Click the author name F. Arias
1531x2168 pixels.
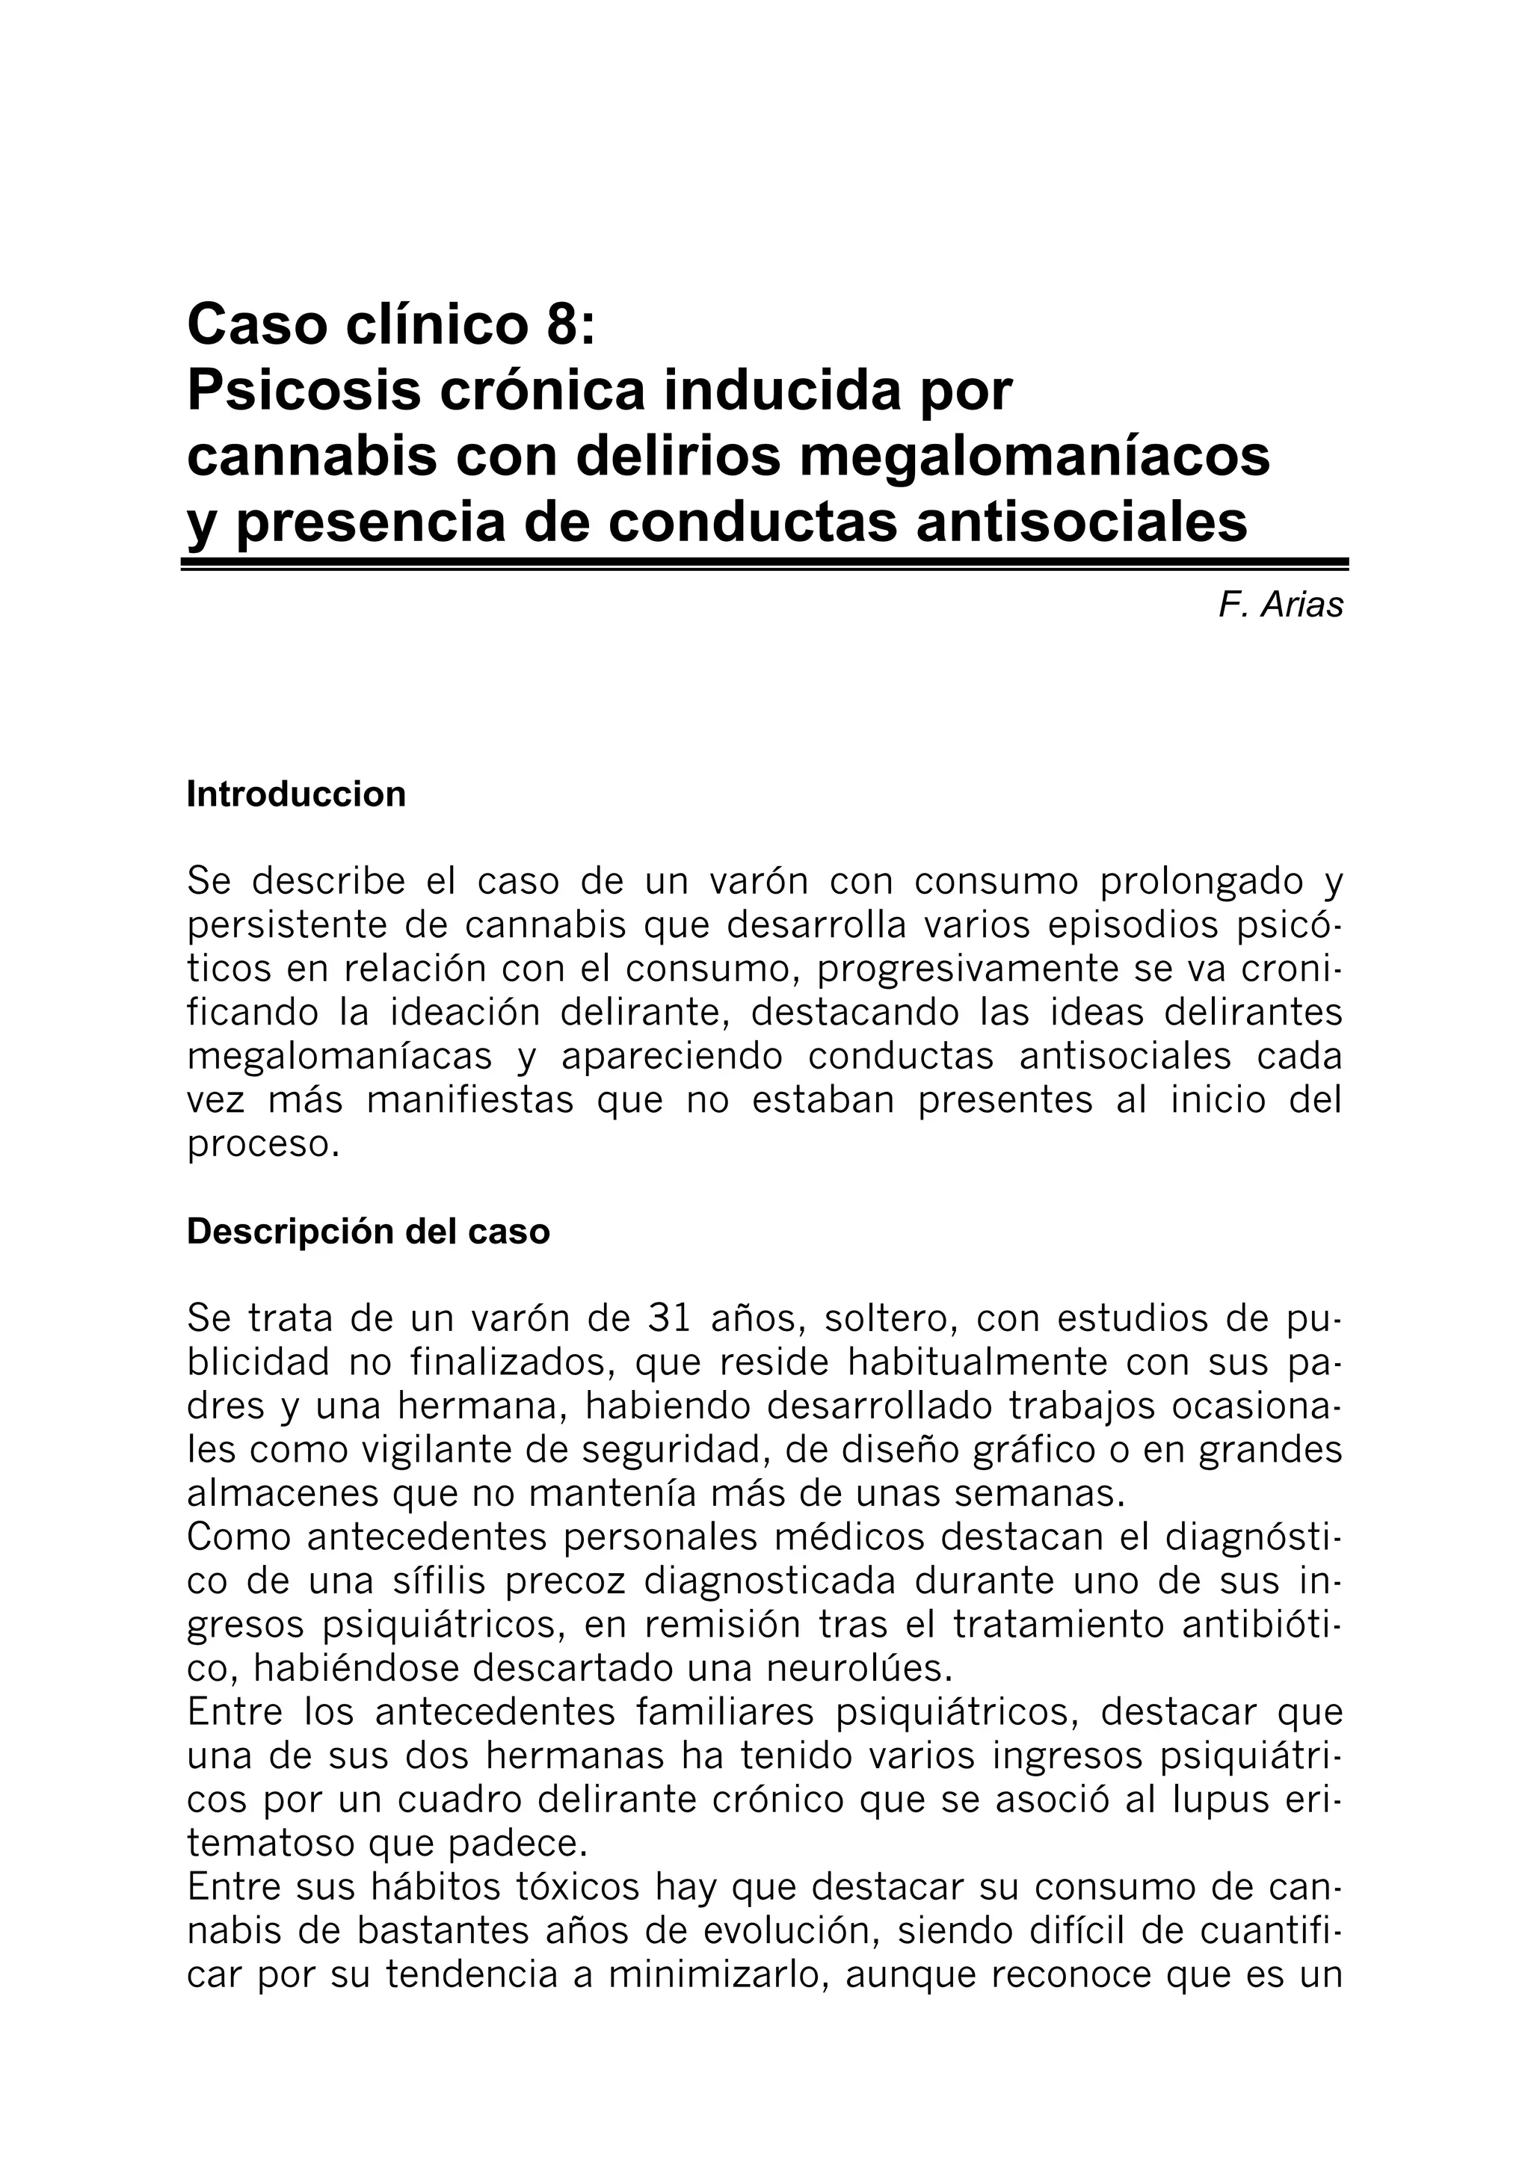pyautogui.click(x=1280, y=605)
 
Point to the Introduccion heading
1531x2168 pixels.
pyautogui.click(x=295, y=794)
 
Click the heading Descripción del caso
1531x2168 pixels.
pyautogui.click(x=367, y=1232)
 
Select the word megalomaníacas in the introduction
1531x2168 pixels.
pyautogui.click(x=339, y=1057)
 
